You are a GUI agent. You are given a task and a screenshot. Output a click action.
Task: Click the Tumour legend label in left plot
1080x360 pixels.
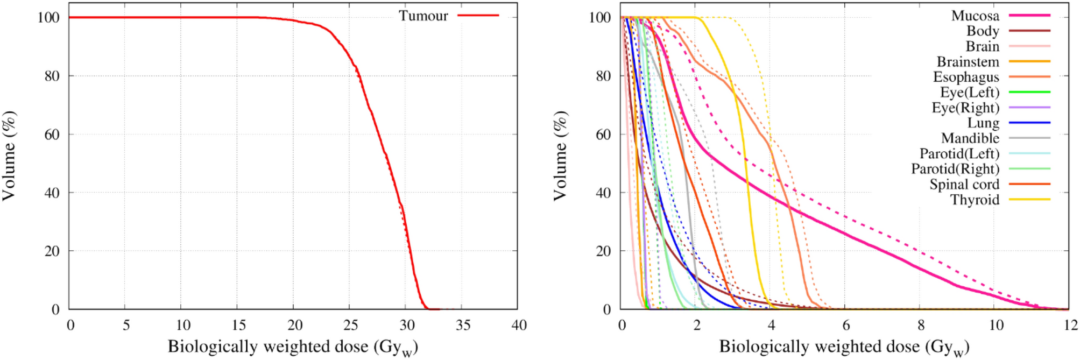pyautogui.click(x=423, y=16)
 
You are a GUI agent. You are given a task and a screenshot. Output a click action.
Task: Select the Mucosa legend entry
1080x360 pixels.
pyautogui.click(x=975, y=16)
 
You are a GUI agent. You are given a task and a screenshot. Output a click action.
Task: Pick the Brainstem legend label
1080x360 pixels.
pyautogui.click(x=968, y=62)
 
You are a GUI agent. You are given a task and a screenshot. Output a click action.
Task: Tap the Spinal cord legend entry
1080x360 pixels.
pyautogui.click(x=964, y=185)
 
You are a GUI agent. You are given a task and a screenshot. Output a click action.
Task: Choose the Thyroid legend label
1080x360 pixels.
pyautogui.click(x=975, y=200)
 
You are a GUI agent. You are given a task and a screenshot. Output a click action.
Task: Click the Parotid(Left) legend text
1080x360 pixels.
pyautogui.click(x=959, y=154)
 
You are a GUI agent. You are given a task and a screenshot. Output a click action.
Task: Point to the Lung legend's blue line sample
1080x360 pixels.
pyautogui.click(x=1029, y=123)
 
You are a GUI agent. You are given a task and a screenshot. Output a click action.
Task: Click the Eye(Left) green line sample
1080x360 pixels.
pyautogui.click(x=1029, y=93)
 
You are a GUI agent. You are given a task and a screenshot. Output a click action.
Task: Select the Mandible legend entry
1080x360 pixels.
pyautogui.click(x=970, y=139)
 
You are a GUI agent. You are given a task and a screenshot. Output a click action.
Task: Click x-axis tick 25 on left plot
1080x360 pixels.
pyautogui.click(x=350, y=325)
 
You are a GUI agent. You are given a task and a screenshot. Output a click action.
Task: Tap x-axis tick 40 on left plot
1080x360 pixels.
pyautogui.click(x=519, y=325)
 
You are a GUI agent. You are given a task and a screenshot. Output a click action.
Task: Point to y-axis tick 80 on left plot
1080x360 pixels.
pyautogui.click(x=52, y=76)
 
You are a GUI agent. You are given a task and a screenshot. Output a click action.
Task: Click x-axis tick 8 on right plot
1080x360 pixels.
pyautogui.click(x=921, y=325)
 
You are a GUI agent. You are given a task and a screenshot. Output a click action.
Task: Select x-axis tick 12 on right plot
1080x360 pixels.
pyautogui.click(x=1070, y=325)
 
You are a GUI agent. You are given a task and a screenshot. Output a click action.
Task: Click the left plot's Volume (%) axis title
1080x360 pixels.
pyautogui.click(x=9, y=156)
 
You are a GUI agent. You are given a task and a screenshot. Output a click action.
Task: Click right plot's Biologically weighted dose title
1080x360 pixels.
pyautogui.click(x=843, y=347)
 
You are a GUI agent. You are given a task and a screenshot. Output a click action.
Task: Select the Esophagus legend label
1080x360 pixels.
pyautogui.click(x=966, y=77)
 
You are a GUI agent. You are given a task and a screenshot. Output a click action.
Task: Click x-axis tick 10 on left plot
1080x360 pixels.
pyautogui.click(x=182, y=325)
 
